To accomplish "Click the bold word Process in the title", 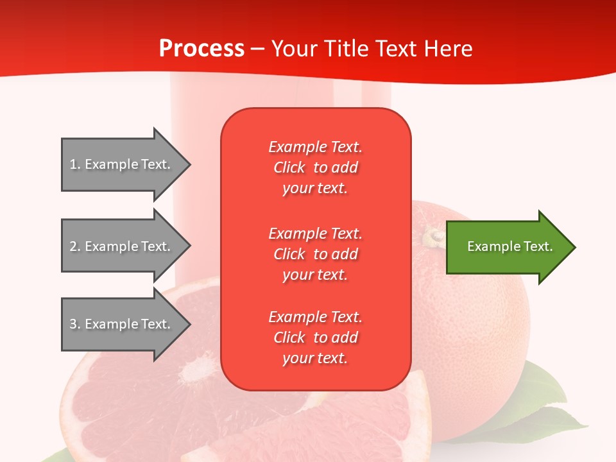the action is (201, 48).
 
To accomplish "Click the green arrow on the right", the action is (511, 247).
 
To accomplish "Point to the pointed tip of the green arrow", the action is (576, 247).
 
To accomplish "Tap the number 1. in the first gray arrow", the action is (75, 164).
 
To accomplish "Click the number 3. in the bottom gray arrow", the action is (75, 323).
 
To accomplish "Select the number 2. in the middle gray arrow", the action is (75, 246).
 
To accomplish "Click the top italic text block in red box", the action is (316, 167).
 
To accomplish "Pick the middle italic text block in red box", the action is (316, 254).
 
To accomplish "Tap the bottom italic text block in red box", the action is (316, 338).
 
